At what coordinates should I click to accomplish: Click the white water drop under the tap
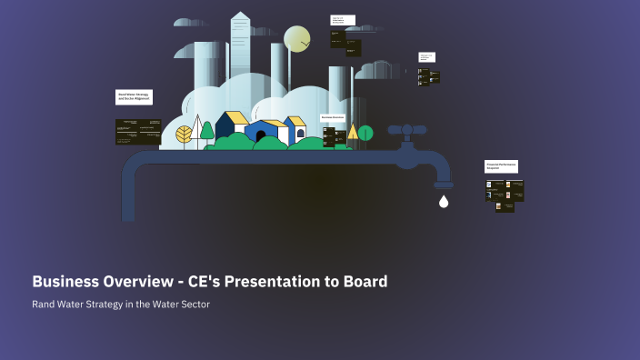(444, 202)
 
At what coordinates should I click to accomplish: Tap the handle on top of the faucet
(407, 130)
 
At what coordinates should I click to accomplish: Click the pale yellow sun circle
(297, 39)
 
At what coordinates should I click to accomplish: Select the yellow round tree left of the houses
(185, 135)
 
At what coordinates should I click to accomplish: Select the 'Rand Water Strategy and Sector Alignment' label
(134, 96)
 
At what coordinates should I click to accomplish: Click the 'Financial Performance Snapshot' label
(501, 166)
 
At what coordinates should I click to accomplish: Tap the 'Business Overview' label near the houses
(333, 118)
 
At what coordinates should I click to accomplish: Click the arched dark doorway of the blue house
(261, 136)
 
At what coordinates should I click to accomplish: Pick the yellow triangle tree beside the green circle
(353, 132)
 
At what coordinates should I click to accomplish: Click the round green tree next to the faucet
(365, 133)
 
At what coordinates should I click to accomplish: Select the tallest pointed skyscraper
(240, 45)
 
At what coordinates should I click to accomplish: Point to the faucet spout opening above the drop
(444, 185)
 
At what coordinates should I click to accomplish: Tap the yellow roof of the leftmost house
(235, 117)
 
